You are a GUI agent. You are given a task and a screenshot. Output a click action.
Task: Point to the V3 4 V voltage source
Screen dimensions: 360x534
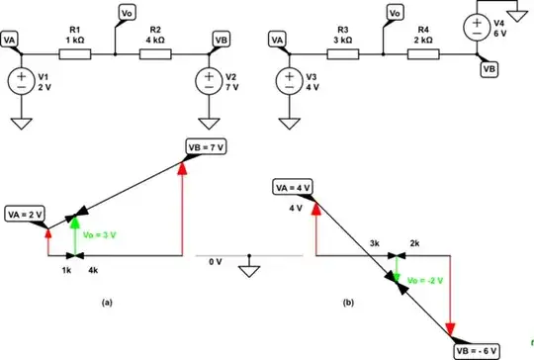[289, 79]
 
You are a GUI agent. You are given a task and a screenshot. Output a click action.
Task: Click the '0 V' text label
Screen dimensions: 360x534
[215, 261]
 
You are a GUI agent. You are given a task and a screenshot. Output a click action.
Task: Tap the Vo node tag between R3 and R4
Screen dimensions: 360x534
[394, 13]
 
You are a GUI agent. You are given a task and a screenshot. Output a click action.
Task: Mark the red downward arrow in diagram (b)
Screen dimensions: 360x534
[451, 297]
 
